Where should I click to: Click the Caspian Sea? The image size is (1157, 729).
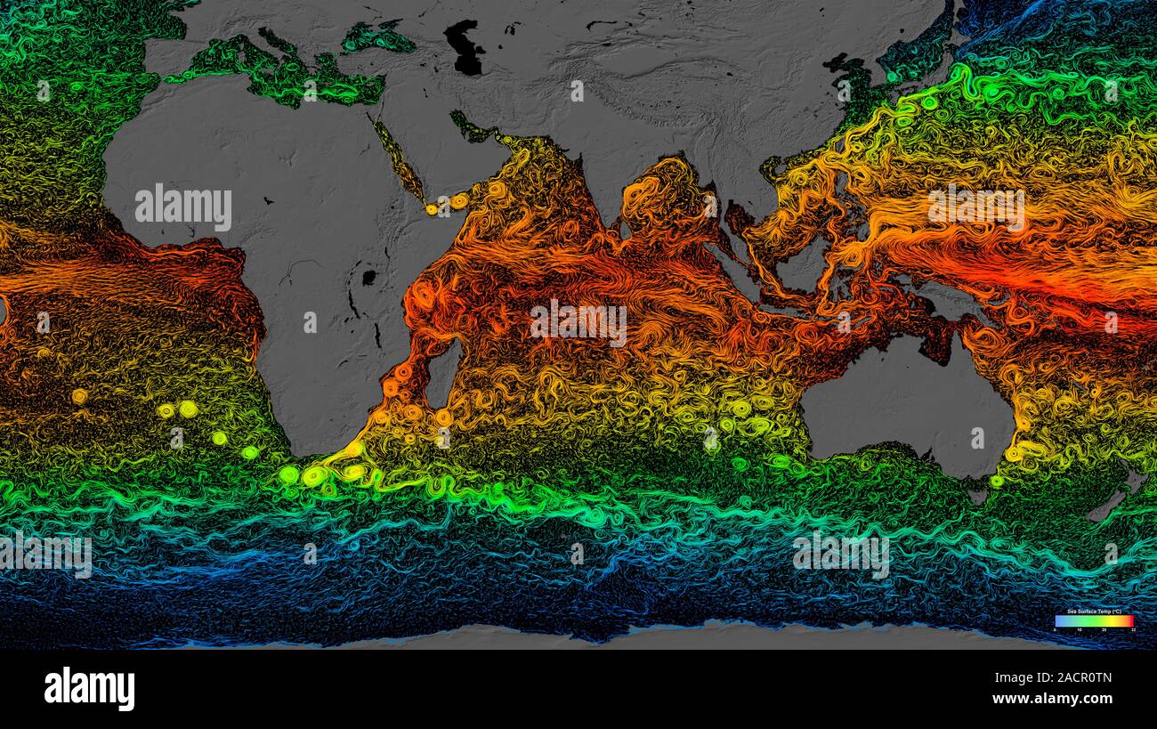click(x=465, y=49)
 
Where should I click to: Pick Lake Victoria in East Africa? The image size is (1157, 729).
click(x=368, y=278)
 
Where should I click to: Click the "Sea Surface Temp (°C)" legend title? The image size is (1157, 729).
click(x=1094, y=611)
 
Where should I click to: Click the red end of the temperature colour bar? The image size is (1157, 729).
click(x=1129, y=620)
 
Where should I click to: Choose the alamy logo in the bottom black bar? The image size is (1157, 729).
click(x=89, y=688)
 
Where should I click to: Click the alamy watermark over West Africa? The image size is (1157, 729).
click(x=183, y=207)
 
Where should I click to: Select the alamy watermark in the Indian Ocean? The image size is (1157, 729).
click(x=578, y=323)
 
